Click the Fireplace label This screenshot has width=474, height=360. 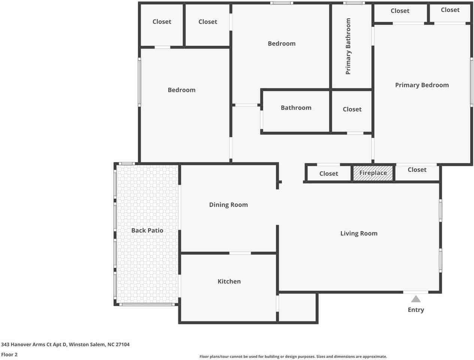coord(373,173)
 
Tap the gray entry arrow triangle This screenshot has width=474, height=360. coord(416,299)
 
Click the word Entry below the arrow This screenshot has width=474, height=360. coord(416,310)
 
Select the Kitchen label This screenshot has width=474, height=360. coord(229,281)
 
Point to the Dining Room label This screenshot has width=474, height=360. coord(228,205)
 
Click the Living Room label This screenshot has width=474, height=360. coord(359,233)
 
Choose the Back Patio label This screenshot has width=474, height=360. coord(147,230)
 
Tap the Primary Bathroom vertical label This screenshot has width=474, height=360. coord(348,46)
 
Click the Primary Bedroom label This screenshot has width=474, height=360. coord(422,85)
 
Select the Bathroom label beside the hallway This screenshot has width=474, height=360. coord(296,108)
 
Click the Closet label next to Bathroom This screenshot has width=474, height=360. coord(352,109)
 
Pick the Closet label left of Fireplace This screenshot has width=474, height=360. coord(329,174)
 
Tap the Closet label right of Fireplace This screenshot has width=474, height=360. coord(417,169)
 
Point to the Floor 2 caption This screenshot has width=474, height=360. coord(9,354)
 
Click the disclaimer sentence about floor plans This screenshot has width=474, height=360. coord(293,356)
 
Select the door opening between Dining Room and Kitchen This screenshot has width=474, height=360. coord(240,253)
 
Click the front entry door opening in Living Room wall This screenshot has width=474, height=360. coord(416,292)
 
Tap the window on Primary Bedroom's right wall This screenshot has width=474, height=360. coord(471,82)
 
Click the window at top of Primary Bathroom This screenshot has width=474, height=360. coord(354,3)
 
